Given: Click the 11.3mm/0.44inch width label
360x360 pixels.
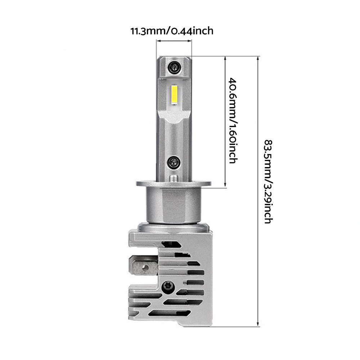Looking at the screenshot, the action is click(172, 31).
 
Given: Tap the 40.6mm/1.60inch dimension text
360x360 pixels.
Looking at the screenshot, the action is click(233, 121).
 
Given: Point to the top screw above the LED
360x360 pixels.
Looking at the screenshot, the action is click(174, 67).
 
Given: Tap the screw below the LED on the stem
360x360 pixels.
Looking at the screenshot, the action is click(174, 162).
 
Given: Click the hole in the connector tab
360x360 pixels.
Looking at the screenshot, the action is click(145, 267).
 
